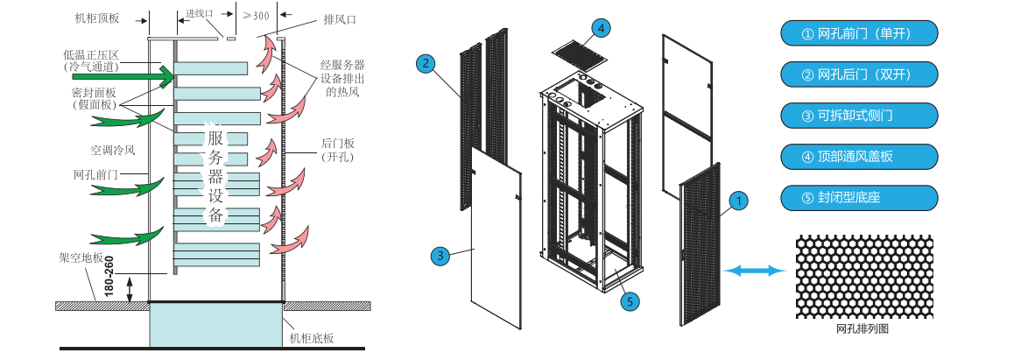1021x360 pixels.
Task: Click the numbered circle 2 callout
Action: [426, 63]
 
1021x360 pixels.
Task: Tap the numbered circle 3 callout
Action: [440, 256]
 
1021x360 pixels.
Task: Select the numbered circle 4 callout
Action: [600, 27]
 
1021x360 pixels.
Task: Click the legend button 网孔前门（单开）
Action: [858, 34]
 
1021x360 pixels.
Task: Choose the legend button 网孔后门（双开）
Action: [858, 74]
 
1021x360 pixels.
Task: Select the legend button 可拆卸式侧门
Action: [858, 116]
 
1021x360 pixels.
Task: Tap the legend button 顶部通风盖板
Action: [858, 156]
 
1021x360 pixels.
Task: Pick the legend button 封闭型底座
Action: [858, 197]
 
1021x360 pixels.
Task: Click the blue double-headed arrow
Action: [754, 272]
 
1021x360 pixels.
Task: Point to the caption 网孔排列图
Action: [863, 330]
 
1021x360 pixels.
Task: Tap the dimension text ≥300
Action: [256, 15]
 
